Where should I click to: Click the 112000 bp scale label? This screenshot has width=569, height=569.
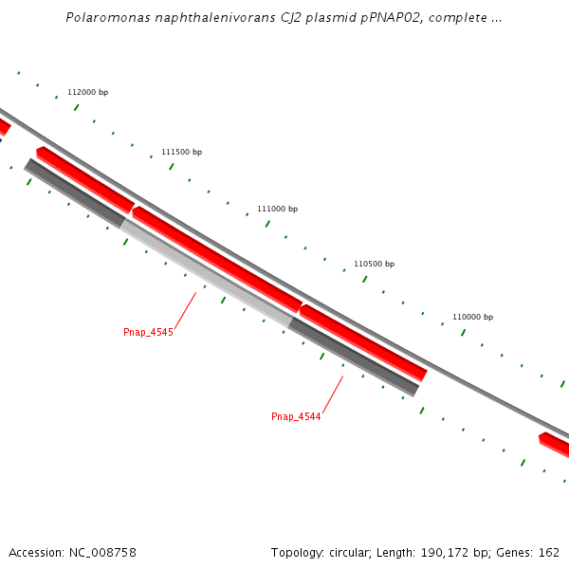click(87, 92)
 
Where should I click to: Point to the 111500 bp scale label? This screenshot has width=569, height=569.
click(181, 152)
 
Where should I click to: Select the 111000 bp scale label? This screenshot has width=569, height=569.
click(277, 209)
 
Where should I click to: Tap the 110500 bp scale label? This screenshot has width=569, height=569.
click(374, 264)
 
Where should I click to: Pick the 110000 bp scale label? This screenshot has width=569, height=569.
click(472, 317)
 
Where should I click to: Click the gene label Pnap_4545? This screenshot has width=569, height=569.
click(148, 332)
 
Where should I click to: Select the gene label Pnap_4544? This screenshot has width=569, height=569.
click(296, 416)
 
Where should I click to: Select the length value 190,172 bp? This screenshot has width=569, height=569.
click(450, 552)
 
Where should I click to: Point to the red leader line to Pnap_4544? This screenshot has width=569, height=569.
click(332, 394)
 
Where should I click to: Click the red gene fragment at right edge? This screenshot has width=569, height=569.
click(556, 443)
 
